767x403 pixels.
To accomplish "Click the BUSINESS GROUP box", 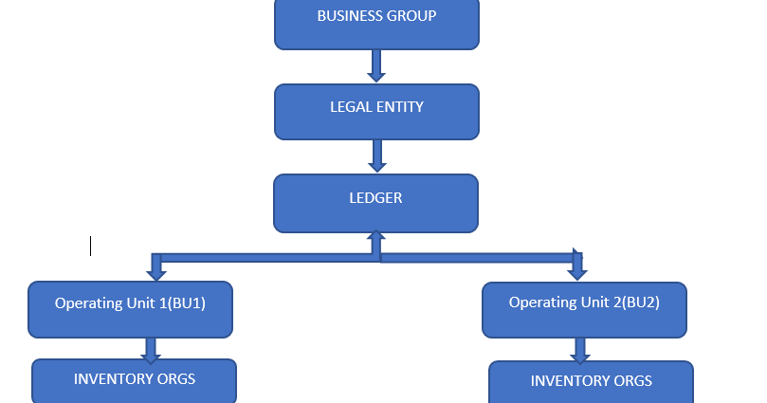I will point(376,24).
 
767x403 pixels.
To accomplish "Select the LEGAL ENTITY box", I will point(376,112).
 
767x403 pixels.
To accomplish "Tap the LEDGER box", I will point(375,203).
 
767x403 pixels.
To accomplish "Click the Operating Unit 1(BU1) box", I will point(130,309).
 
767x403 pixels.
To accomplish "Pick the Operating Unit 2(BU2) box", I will point(584,309).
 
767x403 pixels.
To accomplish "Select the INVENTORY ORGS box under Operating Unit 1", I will point(134,381).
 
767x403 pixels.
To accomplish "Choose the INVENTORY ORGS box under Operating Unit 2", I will point(591,382).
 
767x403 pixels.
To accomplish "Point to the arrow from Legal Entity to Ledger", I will point(376,156).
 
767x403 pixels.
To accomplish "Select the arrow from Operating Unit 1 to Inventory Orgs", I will point(150,349).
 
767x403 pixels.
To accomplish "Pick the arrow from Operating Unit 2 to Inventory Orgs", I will point(580,350).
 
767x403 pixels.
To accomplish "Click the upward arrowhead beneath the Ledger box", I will point(376,238).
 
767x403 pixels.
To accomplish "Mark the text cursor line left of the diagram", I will point(91,246).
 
